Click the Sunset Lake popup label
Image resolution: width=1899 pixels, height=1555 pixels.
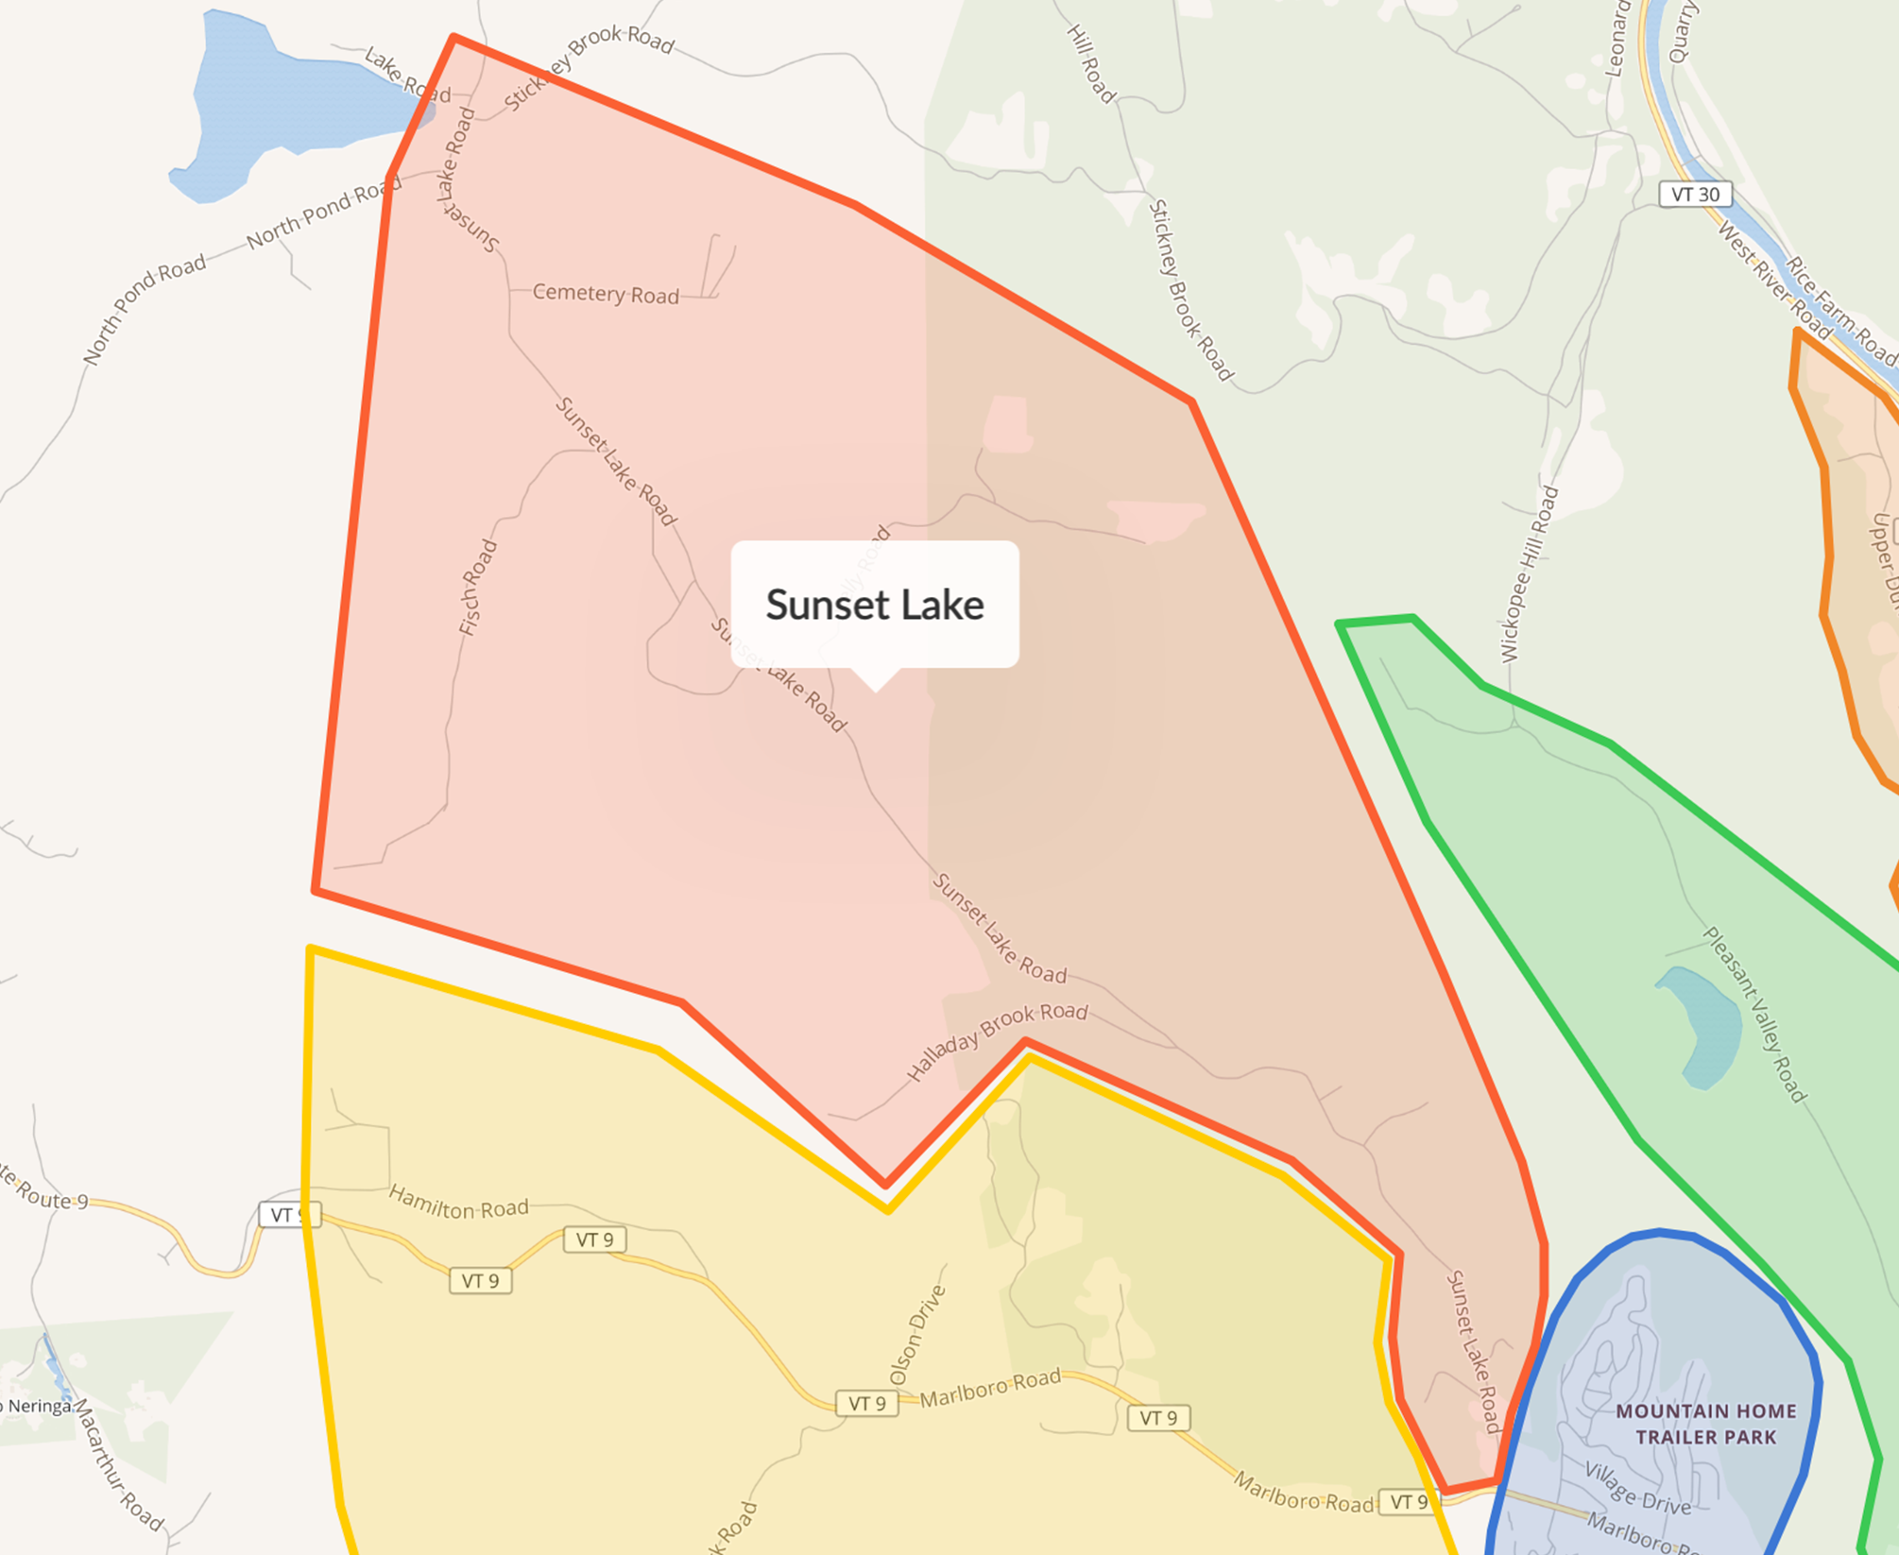[875, 605]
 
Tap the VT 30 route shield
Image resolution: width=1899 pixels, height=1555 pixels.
[1695, 195]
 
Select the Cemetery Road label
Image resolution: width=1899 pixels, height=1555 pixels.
[606, 294]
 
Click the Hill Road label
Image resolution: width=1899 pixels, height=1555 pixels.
[1091, 63]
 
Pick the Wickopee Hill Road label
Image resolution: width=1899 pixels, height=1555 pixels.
[1528, 574]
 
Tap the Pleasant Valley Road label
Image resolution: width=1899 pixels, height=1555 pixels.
[1754, 1014]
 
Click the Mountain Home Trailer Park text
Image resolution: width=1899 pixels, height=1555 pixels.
[1705, 1424]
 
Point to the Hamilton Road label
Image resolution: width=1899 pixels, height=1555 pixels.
[458, 1203]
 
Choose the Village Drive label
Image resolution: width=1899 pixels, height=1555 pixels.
[1637, 1489]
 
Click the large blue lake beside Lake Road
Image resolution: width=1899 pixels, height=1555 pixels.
[283, 104]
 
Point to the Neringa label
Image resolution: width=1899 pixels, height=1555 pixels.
[38, 1407]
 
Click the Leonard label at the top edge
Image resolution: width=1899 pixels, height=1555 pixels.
[1617, 38]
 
